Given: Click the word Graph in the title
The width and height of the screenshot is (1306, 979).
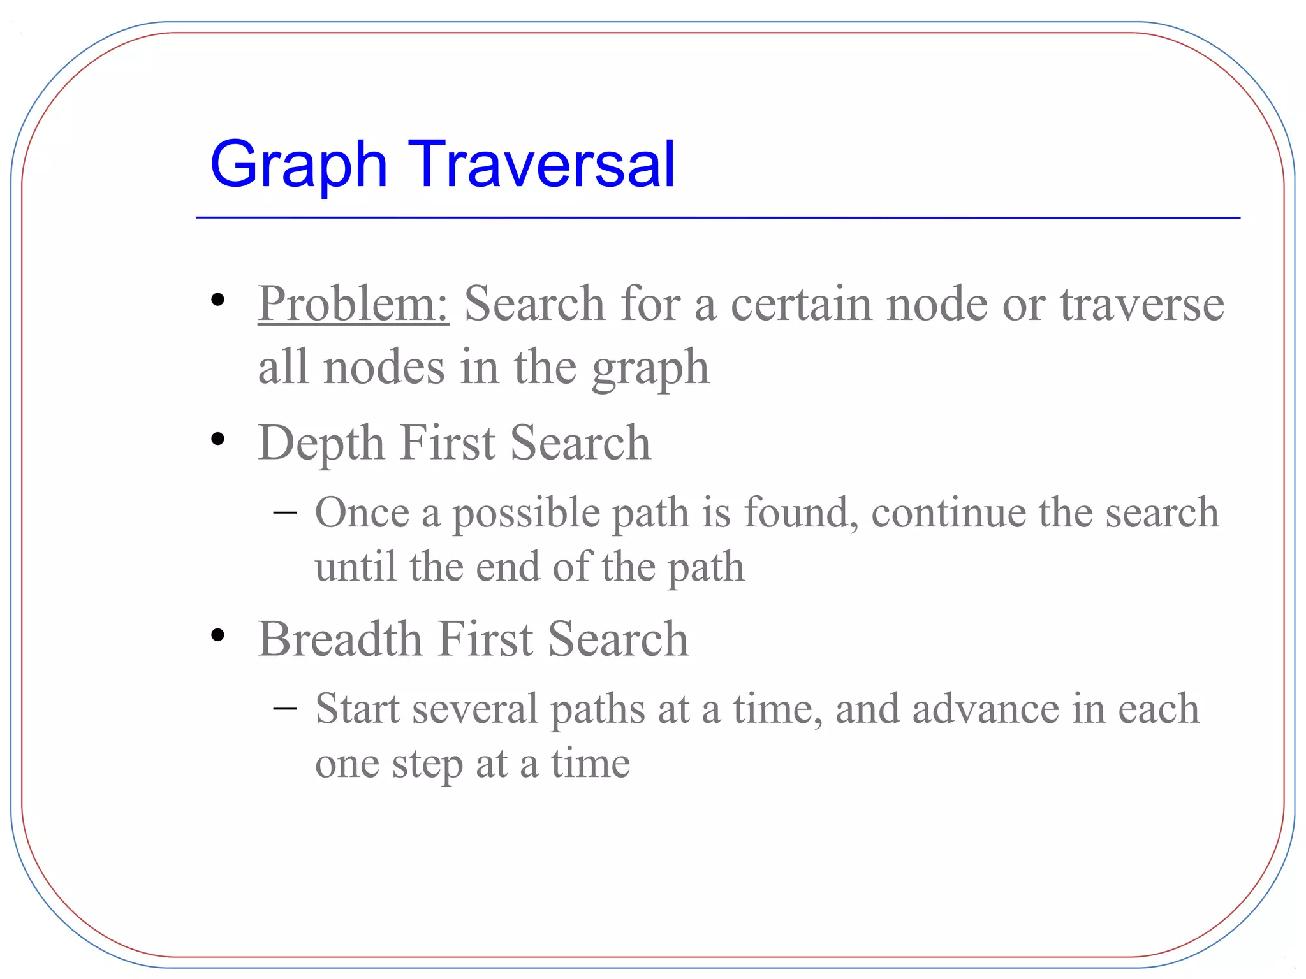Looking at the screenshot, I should click(x=298, y=166).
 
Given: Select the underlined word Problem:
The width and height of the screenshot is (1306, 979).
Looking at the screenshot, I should click(x=353, y=304).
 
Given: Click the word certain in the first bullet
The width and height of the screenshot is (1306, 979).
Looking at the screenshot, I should click(x=801, y=304).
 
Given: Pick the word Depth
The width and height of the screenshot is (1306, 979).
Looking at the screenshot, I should click(x=321, y=444).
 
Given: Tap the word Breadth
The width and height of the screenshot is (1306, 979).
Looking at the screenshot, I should click(x=340, y=639).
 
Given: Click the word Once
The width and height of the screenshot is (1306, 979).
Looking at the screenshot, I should click(x=362, y=512).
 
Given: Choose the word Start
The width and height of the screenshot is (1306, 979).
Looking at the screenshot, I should click(x=357, y=709).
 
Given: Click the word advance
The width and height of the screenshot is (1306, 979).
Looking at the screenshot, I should click(x=985, y=709).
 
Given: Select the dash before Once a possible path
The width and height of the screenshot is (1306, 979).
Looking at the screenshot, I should click(x=284, y=512).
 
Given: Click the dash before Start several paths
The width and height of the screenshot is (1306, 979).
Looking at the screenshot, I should click(x=284, y=708).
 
